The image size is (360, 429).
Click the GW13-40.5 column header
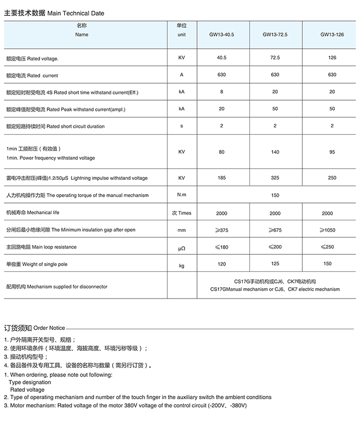221,35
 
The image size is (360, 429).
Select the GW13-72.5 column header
275,35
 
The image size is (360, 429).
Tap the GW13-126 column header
332,35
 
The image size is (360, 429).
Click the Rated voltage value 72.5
275,58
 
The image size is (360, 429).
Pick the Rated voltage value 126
332,58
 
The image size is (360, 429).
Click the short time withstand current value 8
222,92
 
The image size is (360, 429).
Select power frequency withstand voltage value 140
275,152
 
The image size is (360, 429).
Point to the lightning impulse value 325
275,178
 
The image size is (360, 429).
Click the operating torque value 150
275,195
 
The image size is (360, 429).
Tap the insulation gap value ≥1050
327,230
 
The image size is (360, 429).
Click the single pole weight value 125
275,264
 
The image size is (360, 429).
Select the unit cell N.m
182,195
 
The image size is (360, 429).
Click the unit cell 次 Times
182,213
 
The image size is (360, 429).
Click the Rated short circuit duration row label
55,126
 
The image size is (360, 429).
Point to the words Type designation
30,382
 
